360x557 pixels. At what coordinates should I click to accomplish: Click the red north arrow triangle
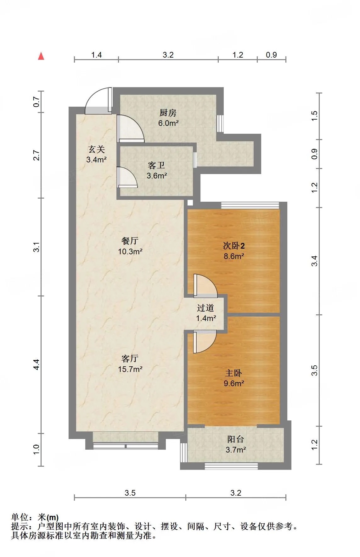41,56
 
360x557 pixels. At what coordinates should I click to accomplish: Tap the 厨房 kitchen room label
168,113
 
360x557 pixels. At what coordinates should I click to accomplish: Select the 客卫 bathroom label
156,165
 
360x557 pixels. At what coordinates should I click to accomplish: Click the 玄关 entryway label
96,149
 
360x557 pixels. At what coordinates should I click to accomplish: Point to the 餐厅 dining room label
130,241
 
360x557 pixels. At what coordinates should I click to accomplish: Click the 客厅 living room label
130,358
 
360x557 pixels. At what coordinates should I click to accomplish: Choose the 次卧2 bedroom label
234,245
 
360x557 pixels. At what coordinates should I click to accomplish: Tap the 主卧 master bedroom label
233,373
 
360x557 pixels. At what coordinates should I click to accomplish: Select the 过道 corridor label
205,308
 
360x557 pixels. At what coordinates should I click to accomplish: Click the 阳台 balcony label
236,439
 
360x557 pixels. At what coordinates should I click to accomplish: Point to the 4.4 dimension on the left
37,364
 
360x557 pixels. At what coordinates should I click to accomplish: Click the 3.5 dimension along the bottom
130,493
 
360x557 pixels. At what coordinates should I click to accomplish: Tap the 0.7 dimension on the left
37,102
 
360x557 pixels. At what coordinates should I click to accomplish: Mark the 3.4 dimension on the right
314,261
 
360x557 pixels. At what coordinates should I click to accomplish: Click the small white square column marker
190,203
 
